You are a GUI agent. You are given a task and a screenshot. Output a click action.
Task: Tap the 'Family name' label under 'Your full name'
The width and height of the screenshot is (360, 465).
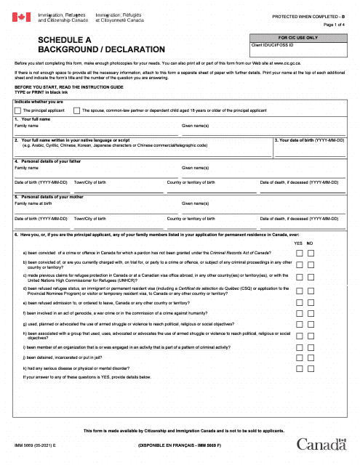click(x=26, y=126)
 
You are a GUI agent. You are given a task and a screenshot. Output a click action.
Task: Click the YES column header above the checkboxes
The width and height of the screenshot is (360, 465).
click(x=297, y=243)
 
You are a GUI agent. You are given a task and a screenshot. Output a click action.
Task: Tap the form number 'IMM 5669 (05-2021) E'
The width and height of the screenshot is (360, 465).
click(x=34, y=442)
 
